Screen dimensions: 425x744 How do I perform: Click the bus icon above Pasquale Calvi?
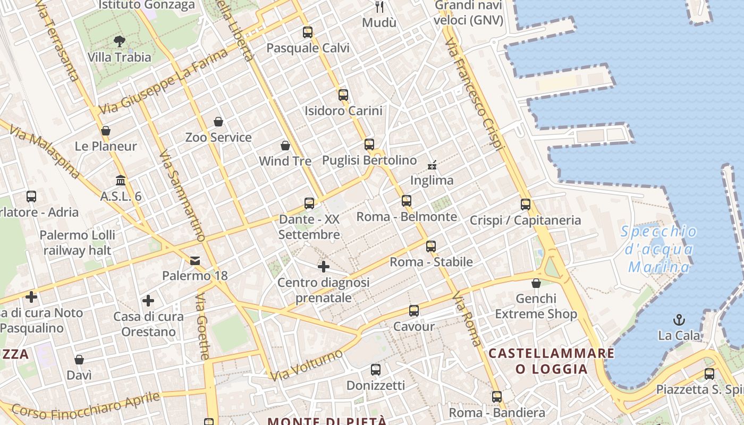(x=308, y=32)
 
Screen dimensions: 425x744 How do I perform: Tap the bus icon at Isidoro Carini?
(x=343, y=95)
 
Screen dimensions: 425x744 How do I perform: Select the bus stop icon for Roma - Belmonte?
(x=407, y=201)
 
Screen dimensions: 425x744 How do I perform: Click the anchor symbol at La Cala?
(x=679, y=320)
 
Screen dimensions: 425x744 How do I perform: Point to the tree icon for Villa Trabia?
(x=120, y=41)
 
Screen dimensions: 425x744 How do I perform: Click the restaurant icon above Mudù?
(x=379, y=7)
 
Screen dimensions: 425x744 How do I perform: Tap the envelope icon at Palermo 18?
(x=195, y=260)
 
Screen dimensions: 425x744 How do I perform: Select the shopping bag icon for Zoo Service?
(x=218, y=122)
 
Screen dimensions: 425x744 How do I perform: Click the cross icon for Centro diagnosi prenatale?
(x=323, y=267)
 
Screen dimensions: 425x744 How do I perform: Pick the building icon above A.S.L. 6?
(x=121, y=181)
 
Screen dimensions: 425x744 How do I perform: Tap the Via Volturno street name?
(x=307, y=365)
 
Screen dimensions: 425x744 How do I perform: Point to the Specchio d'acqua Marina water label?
(x=659, y=249)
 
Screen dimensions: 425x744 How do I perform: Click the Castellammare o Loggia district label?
(x=551, y=361)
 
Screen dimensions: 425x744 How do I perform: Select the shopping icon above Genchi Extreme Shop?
(x=536, y=283)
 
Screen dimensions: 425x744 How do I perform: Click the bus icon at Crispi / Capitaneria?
(x=526, y=204)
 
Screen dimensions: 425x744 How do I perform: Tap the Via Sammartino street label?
(x=182, y=195)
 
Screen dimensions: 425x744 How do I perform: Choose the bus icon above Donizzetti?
(x=376, y=370)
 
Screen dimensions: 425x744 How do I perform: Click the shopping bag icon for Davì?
(x=79, y=360)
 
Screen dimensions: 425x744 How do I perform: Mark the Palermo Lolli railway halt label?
(x=77, y=242)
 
